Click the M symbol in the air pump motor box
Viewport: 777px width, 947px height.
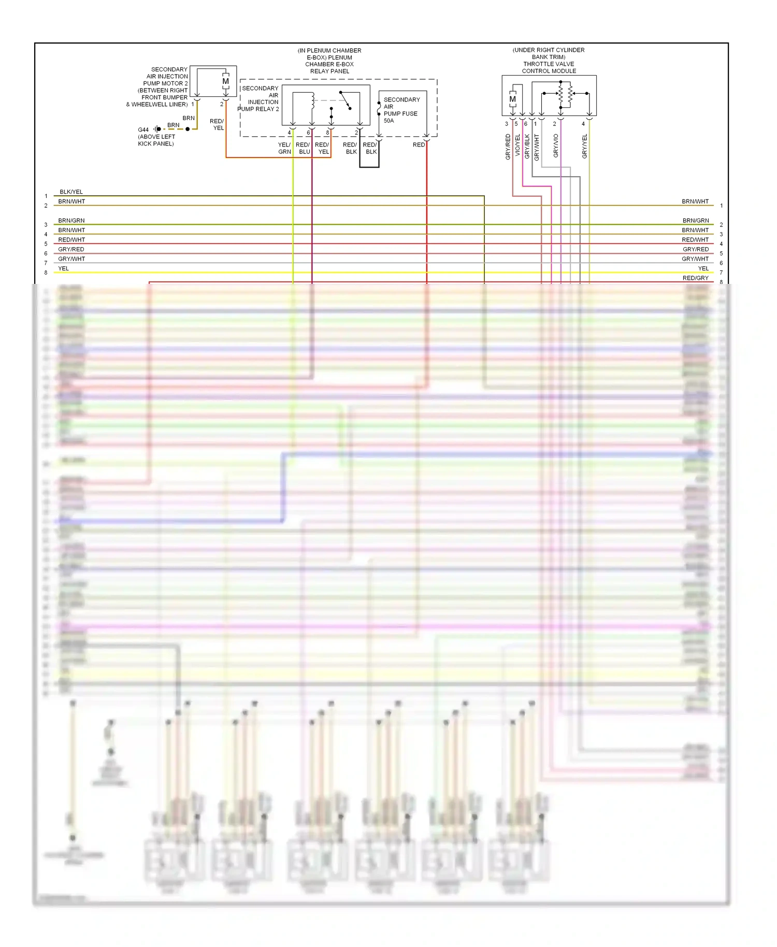pos(225,81)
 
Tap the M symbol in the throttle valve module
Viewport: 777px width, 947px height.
pos(512,99)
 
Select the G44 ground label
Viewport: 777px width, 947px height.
pos(143,130)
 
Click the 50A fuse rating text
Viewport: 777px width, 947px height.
pos(388,121)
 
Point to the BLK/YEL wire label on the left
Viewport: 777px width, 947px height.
pos(71,192)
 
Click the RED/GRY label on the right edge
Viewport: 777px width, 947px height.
pos(695,278)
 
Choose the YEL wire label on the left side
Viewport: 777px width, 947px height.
pos(63,268)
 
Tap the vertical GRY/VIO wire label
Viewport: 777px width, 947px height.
pos(556,146)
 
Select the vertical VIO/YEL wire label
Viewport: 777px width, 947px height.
pos(517,146)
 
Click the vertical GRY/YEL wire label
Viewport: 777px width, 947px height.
pos(585,146)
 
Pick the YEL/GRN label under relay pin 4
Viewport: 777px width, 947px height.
pos(284,148)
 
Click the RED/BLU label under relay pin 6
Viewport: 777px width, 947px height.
pos(303,148)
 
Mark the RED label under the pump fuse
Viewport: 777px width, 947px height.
pos(419,145)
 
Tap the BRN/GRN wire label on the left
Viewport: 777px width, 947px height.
pos(71,221)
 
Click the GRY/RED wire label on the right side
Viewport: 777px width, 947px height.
pos(695,249)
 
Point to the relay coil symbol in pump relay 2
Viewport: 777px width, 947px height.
pos(312,101)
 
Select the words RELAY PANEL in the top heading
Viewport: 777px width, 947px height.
pos(329,71)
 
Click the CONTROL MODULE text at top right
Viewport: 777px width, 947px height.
pos(549,71)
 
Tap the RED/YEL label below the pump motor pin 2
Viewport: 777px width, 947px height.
pos(217,124)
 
